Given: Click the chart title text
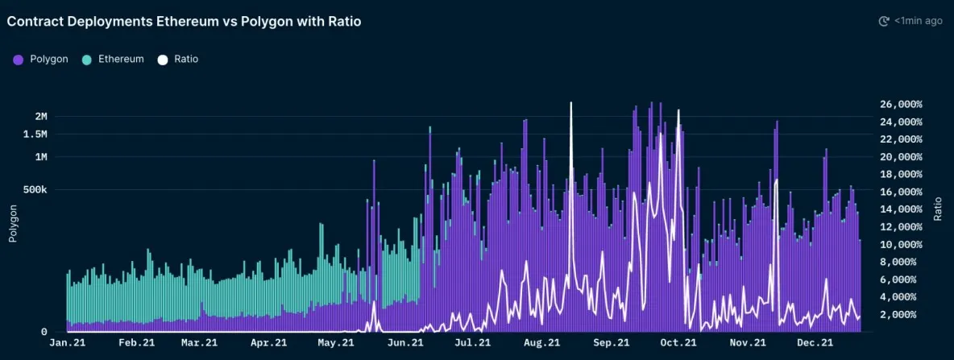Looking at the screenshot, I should pos(184,22).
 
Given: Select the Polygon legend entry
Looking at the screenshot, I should pos(40,59).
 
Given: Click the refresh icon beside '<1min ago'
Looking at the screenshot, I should pos(883,21).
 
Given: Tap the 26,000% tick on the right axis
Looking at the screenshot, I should pos(900,105).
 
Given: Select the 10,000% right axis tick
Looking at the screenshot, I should pos(900,244).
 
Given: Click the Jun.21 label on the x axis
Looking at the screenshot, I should pos(405,343).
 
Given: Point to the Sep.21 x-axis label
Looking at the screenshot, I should pos(610,343).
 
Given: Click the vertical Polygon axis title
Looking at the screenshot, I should pos(13,224).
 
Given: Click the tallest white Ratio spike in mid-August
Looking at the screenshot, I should pos(571,105).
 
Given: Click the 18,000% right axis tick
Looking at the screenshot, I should pos(900,174).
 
